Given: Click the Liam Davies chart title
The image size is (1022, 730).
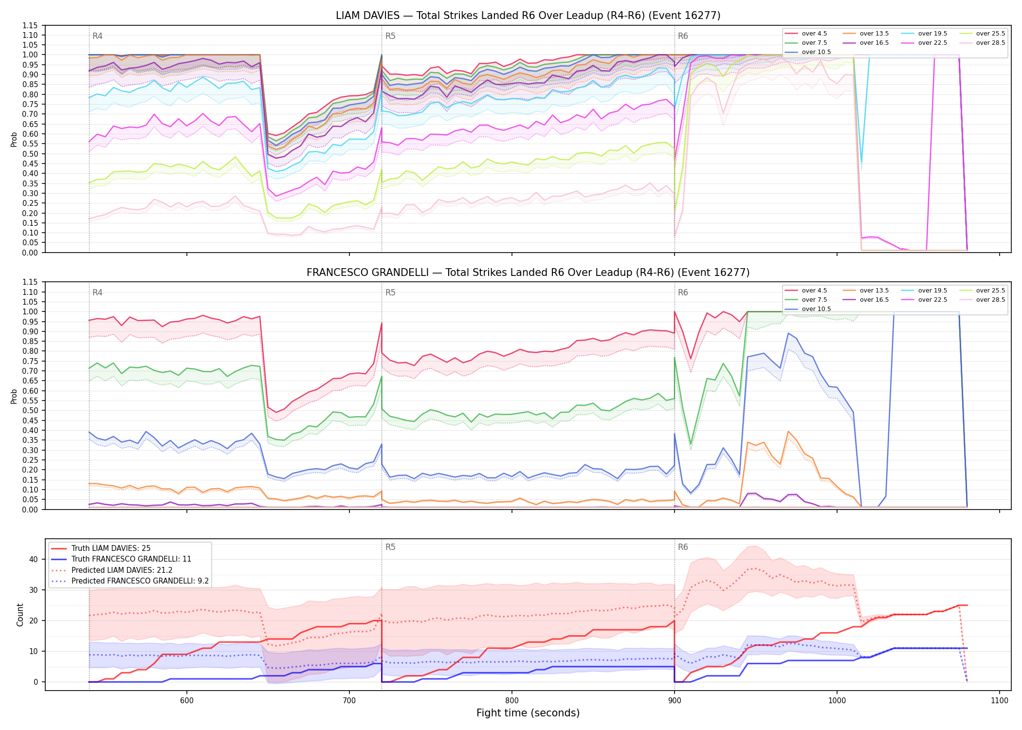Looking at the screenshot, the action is (x=528, y=16).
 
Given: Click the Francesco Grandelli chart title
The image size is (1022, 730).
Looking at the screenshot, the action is (x=528, y=273).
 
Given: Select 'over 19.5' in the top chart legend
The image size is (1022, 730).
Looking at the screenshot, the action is (x=932, y=34).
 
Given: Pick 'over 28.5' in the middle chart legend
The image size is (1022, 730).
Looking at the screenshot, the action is (x=990, y=300).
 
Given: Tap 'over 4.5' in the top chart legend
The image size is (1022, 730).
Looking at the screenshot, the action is (x=814, y=34).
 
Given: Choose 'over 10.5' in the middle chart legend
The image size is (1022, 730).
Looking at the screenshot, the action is (x=816, y=309).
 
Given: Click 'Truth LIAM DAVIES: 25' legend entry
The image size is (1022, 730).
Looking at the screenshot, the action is (x=111, y=548).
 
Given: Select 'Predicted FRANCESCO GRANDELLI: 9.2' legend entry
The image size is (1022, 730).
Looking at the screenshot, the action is (x=140, y=581).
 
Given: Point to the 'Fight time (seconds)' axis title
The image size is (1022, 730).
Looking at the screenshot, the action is (x=528, y=713).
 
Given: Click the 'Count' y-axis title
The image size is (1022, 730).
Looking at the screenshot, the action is (x=20, y=615).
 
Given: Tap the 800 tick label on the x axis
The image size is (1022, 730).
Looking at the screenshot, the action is (x=511, y=700).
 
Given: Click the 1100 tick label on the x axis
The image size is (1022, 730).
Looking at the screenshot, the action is (x=999, y=700).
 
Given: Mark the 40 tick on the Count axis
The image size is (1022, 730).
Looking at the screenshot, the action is (x=33, y=559).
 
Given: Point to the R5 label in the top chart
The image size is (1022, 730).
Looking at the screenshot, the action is (x=390, y=36).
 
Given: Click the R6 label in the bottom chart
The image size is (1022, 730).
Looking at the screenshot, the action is (x=683, y=547).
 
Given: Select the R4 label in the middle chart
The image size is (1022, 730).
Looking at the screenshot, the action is (x=97, y=292).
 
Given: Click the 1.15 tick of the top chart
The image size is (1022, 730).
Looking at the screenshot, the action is (x=30, y=25).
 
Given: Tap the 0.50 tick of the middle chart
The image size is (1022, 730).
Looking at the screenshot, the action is (x=30, y=410).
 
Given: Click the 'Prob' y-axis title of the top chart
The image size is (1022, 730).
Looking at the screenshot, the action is (x=14, y=139).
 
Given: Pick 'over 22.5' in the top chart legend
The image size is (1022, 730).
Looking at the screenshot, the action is (x=932, y=43).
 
